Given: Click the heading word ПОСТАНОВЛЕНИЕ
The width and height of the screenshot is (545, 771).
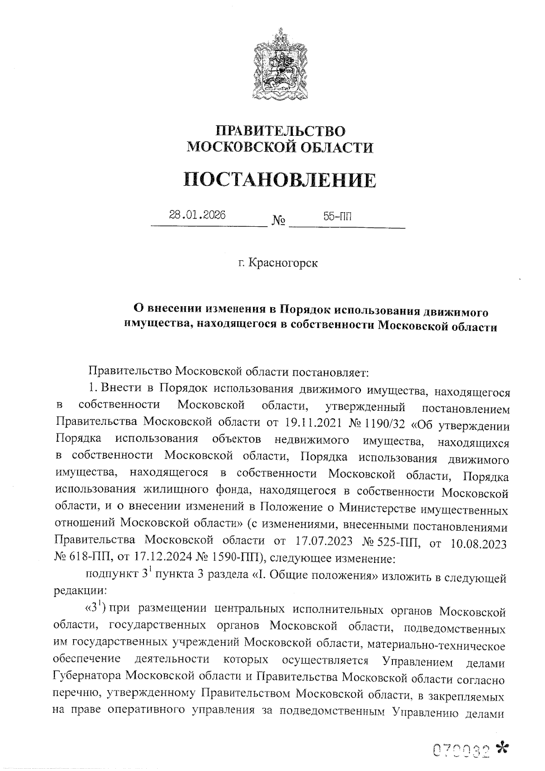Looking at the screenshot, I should pos(280,179).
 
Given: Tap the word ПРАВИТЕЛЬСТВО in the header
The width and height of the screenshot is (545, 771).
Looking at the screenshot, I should pos(280,131).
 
